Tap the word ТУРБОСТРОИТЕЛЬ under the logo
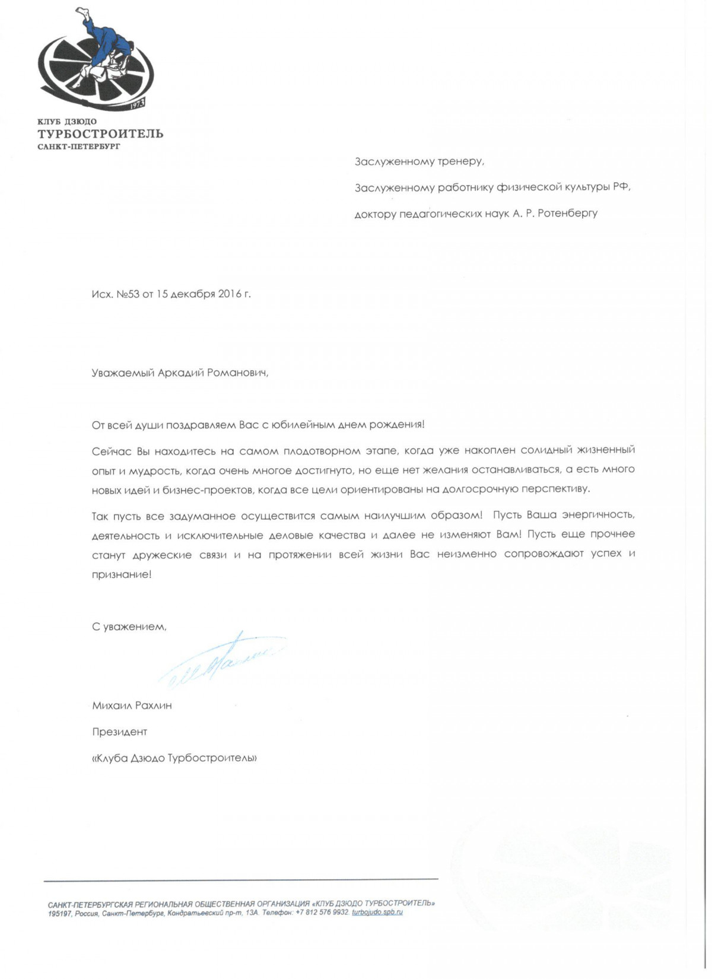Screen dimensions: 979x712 100,133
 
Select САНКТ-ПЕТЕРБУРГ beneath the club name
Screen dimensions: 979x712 78,146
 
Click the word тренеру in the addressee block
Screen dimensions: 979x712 461,161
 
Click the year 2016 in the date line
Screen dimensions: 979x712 229,294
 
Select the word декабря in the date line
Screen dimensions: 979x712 192,294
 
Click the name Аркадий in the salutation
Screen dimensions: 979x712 180,373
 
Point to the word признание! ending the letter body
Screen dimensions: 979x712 122,575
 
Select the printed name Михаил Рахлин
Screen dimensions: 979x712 132,705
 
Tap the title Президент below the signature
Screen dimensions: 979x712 119,732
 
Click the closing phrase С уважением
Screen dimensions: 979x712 129,627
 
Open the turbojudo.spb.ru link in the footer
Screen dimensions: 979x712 377,912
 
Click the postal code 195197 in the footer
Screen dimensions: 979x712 60,913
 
